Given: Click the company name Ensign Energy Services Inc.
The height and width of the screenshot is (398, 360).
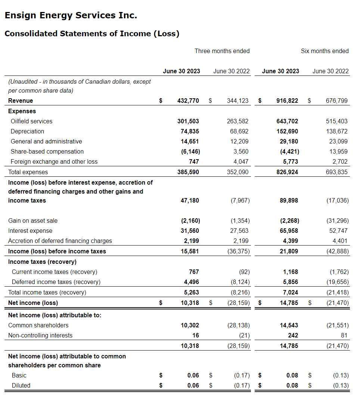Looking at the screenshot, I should [71, 16].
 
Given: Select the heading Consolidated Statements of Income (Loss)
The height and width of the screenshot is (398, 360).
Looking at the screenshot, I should [92, 34].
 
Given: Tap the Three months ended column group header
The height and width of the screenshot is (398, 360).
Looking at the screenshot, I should [222, 51].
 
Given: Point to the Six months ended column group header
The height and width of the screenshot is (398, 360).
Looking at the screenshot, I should [325, 51].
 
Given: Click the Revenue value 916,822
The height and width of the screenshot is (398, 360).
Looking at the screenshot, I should [287, 101].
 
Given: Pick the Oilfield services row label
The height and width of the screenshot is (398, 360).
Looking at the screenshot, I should [31, 121].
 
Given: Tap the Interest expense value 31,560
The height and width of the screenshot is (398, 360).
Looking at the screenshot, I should [189, 231].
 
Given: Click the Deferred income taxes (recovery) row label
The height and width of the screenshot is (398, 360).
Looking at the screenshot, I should [56, 282].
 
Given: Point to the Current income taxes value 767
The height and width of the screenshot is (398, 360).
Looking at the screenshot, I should [194, 272].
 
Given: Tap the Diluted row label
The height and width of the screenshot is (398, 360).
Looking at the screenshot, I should [21, 385].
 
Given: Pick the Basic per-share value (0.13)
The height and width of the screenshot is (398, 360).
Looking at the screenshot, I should [341, 375].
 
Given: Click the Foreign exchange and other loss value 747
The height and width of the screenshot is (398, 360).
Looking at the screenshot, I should [194, 161].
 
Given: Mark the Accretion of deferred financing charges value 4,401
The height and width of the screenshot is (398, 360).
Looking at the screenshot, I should [339, 241].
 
